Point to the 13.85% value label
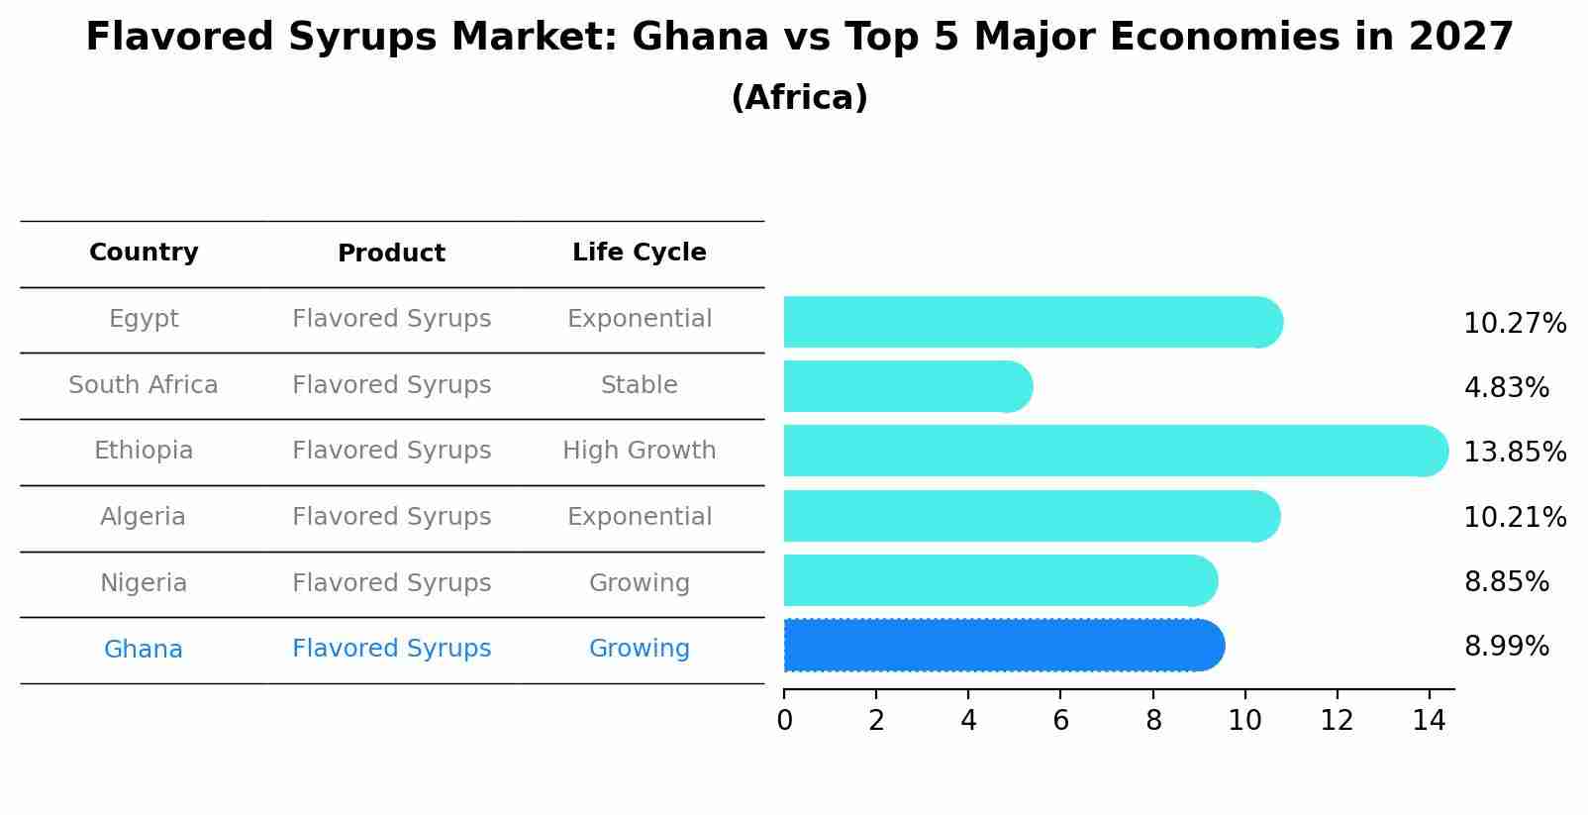pos(1515,453)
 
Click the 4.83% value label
pos(1506,388)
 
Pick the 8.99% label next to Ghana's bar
pos(1506,647)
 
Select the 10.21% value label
pos(1515,518)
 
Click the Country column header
pos(144,253)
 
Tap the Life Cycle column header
pos(639,253)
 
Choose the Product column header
pos(391,254)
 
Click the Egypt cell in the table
pos(144,319)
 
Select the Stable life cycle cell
pos(639,385)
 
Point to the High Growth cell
pos(639,451)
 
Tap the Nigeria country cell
pos(144,583)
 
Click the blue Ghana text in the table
pos(144,650)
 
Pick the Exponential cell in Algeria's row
pos(639,517)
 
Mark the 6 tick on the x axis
pos(1060,720)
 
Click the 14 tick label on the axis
pos(1429,720)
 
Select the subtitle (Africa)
pos(799,98)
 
